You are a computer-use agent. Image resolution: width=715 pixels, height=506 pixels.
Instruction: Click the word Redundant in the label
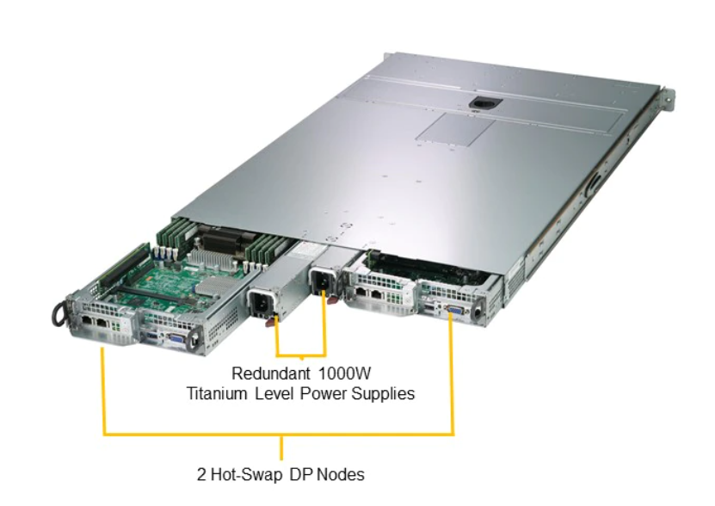tap(265, 374)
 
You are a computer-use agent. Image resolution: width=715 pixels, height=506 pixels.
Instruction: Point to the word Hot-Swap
tap(252, 474)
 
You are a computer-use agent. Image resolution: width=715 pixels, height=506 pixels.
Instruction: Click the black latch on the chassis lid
tap(479, 104)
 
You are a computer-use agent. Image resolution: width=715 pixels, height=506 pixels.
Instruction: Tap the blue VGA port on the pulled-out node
tap(175, 339)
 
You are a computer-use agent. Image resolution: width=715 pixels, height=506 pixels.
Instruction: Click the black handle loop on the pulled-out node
tap(58, 313)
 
